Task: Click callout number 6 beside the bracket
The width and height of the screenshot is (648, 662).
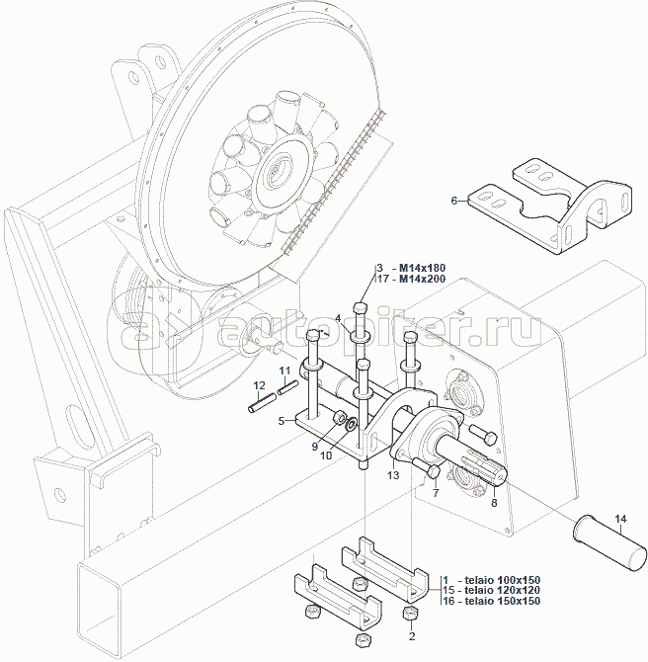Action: [454, 201]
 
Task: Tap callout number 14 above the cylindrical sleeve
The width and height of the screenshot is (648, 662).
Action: [620, 519]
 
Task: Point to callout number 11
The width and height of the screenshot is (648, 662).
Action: [283, 371]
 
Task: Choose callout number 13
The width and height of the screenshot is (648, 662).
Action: [392, 475]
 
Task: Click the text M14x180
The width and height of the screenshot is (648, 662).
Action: [423, 268]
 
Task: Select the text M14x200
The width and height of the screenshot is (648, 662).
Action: [423, 280]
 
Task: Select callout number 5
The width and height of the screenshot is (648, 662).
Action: [282, 421]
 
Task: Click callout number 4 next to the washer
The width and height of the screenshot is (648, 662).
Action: [338, 317]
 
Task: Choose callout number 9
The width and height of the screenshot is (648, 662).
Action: [315, 446]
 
